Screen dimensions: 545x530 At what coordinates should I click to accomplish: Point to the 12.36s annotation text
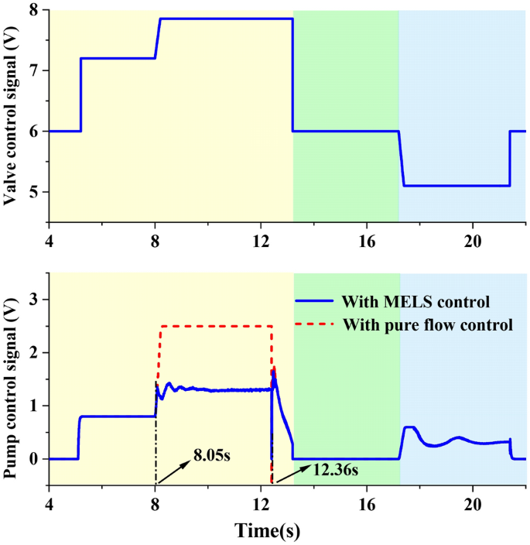(337, 468)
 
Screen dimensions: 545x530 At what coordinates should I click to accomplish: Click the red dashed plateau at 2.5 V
(216, 326)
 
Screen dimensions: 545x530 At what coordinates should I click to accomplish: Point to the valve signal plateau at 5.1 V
(456, 186)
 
